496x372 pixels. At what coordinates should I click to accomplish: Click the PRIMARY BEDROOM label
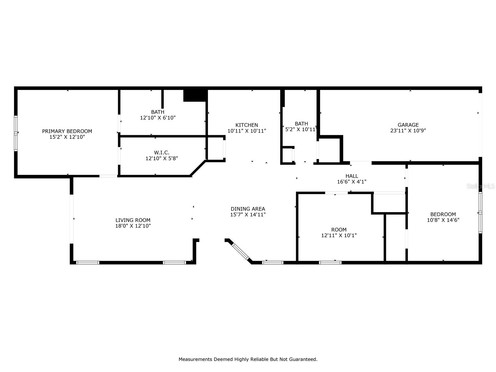[x=67, y=131]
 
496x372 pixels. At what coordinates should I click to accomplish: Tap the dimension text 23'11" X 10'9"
[x=408, y=131]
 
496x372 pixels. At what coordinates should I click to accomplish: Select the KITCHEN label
[x=246, y=125]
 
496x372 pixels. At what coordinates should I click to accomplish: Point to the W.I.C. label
[x=162, y=153]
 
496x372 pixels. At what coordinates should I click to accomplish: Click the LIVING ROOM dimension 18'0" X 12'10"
[x=133, y=226]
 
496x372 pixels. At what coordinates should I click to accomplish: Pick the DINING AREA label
[x=248, y=209]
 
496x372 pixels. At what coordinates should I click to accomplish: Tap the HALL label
[x=352, y=176]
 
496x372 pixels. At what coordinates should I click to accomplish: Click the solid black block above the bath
[x=195, y=95]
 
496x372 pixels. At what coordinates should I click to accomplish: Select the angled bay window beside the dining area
[x=241, y=252]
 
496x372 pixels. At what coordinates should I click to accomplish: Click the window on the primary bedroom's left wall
[x=16, y=133]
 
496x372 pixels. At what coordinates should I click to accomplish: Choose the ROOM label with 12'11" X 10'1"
[x=339, y=230]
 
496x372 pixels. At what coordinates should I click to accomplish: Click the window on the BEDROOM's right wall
[x=480, y=213]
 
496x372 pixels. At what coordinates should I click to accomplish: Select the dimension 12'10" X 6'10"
[x=158, y=118]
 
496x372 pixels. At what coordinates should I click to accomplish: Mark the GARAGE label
[x=408, y=125]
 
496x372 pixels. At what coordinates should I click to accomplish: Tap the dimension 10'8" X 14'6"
[x=443, y=220]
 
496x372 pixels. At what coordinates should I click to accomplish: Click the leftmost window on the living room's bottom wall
[x=88, y=263]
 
